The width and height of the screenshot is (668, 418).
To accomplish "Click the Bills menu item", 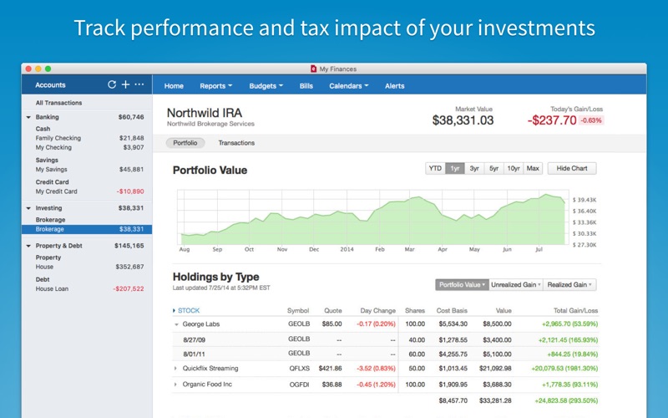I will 306,85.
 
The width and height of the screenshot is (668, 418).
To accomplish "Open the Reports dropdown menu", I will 215,85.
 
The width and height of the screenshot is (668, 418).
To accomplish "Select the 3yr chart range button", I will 474,168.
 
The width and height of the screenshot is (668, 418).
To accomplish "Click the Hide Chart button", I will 572,168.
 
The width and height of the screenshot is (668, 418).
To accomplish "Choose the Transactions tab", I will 236,143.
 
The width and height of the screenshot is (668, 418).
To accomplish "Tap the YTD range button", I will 435,168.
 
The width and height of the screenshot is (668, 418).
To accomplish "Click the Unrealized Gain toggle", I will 515,284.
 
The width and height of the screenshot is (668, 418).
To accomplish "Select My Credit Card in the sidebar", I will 58,191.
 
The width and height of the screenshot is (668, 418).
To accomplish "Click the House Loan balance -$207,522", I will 128,288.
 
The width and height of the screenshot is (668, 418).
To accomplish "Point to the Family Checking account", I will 58,138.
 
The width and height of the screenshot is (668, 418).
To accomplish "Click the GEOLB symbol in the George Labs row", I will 298,324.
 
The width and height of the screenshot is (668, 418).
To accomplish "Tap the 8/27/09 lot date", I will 195,339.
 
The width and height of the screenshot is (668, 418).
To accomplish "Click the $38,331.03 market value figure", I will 463,120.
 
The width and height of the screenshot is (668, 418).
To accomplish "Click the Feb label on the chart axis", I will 379,249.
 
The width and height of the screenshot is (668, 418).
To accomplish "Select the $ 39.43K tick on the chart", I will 584,201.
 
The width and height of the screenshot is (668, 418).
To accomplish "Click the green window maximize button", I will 48,68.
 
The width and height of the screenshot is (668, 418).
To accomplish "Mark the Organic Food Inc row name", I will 209,384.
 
